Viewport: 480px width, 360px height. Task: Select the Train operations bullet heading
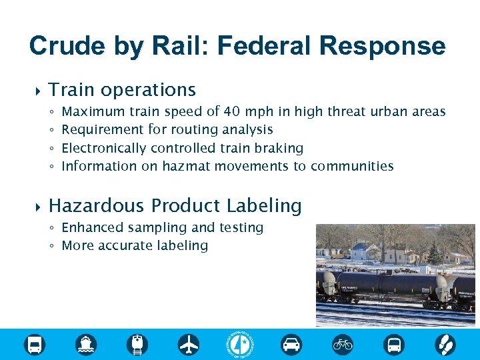(x=122, y=89)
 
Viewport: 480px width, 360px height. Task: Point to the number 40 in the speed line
(x=233, y=111)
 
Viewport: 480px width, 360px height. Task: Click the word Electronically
(x=104, y=148)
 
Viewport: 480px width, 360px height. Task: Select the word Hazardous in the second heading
(x=97, y=205)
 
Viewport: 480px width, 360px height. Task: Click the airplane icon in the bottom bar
(x=189, y=345)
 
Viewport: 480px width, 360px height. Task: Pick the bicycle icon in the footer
(x=343, y=345)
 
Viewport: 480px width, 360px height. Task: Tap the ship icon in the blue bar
(x=86, y=345)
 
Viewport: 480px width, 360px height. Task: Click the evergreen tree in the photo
(x=434, y=253)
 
